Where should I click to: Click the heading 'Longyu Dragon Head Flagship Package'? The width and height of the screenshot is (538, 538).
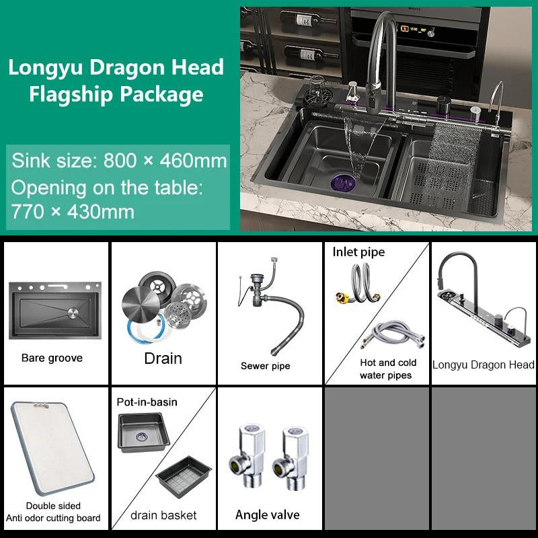[x=116, y=81]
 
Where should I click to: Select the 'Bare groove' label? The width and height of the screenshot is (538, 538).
[x=52, y=358]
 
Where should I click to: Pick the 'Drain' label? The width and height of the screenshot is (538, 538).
[x=163, y=358]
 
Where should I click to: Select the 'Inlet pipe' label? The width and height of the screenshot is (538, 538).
[x=358, y=252]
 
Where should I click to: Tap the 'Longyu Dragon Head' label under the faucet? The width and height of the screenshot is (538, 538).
[x=483, y=364]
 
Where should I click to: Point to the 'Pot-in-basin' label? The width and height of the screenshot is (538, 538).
[x=147, y=401]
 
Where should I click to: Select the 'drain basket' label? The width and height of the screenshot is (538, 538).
[x=163, y=515]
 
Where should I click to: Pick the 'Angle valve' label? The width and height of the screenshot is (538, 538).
[x=267, y=515]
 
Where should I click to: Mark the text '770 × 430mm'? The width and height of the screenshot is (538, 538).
[x=73, y=212]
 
